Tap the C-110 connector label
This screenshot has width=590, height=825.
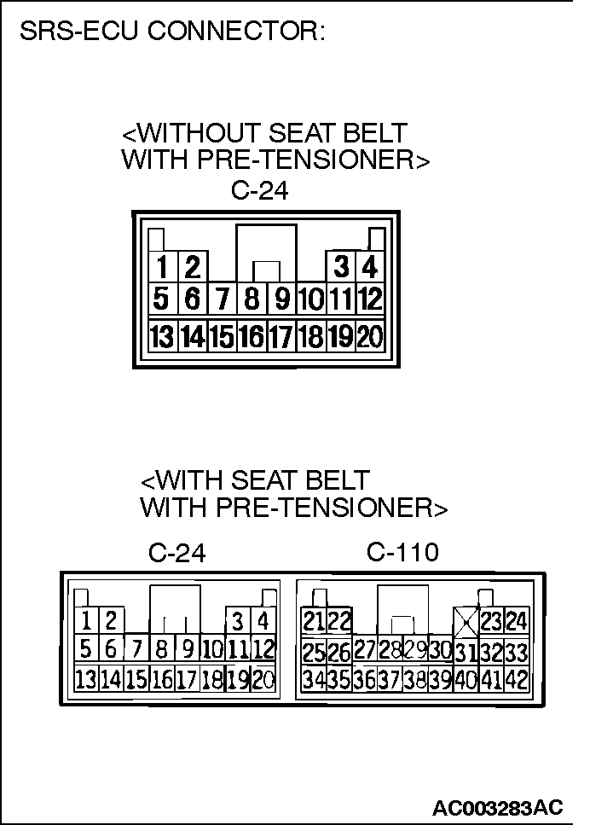[x=402, y=553]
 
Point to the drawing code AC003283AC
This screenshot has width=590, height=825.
[x=498, y=807]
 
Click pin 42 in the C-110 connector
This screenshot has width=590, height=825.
[x=516, y=681]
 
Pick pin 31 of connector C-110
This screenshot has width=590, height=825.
[x=465, y=653]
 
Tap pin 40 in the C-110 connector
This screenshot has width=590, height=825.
[x=465, y=681]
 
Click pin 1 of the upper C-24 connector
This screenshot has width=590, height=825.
[x=161, y=268]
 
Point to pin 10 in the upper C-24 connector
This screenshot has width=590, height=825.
[x=310, y=300]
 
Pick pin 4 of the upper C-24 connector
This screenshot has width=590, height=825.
[x=369, y=268]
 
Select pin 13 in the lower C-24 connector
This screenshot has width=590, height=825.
[x=85, y=680]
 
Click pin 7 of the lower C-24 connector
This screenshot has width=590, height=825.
[x=136, y=650]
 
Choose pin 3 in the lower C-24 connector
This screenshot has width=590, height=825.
[x=239, y=621]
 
